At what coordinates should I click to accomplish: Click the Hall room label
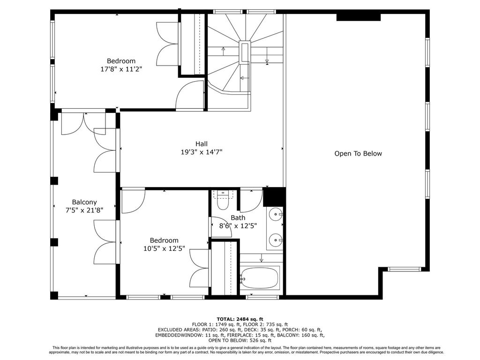tap(202, 143)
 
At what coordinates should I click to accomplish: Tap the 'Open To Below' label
tap(358, 154)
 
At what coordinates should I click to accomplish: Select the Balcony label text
tap(84, 202)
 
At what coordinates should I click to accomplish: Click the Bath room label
tap(238, 217)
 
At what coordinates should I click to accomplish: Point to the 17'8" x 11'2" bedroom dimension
tap(121, 69)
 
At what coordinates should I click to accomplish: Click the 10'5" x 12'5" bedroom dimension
tap(164, 248)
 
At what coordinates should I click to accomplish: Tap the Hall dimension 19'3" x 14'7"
tap(202, 152)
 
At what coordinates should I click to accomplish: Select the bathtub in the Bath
tap(260, 277)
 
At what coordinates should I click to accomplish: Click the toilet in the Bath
tap(223, 200)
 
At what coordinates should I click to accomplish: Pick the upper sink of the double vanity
tap(276, 214)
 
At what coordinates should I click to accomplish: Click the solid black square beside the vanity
tap(274, 197)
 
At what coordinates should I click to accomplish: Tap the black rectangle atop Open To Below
tap(359, 17)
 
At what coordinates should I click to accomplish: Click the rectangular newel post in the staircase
tap(245, 52)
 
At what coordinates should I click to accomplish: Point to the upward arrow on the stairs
tap(223, 51)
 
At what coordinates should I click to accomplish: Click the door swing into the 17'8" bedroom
tap(190, 94)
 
